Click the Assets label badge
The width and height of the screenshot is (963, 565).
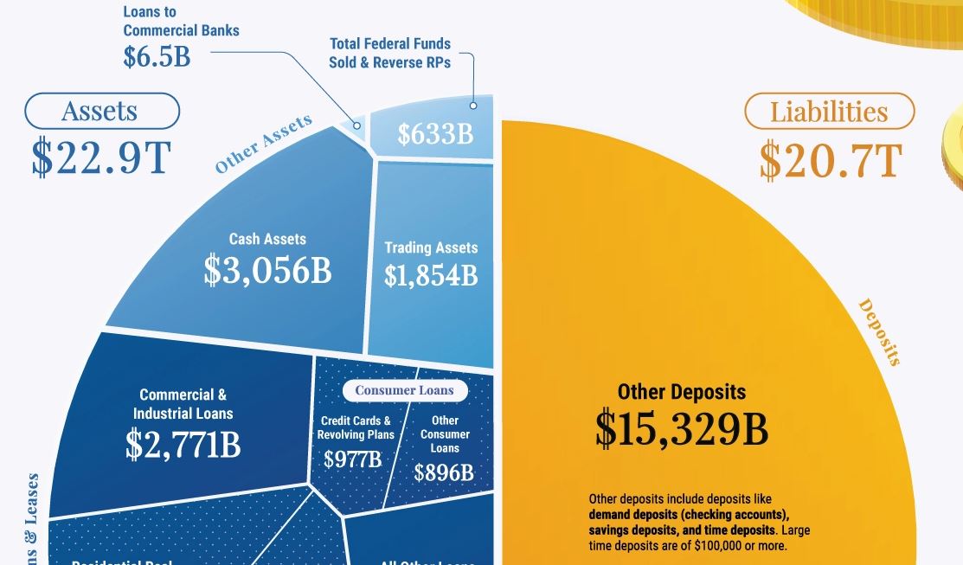(x=101, y=112)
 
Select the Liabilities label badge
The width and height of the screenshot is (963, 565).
(x=829, y=112)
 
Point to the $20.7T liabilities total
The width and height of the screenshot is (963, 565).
(x=830, y=159)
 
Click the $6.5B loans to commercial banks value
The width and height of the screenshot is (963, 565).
(x=156, y=56)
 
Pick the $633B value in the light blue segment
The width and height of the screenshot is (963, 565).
(x=435, y=135)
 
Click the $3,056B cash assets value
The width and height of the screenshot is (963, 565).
(x=267, y=271)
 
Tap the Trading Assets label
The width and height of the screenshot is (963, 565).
(x=431, y=247)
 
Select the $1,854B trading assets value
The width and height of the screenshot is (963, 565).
(x=431, y=275)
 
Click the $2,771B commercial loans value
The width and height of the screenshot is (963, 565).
(x=183, y=444)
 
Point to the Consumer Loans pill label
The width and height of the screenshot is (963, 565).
(x=404, y=390)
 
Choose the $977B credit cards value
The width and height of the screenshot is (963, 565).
(x=352, y=459)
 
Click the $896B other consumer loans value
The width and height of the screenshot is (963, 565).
(x=444, y=472)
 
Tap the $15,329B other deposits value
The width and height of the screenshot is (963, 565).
(x=681, y=429)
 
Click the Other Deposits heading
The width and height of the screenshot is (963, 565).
(x=681, y=392)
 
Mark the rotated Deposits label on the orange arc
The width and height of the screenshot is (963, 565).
(x=878, y=332)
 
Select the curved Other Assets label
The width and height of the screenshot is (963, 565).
(x=263, y=144)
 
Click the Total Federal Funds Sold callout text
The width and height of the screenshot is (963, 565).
(x=389, y=53)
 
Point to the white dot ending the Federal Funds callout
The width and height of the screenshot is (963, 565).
(x=473, y=106)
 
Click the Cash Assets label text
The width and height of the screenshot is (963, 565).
(x=267, y=239)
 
